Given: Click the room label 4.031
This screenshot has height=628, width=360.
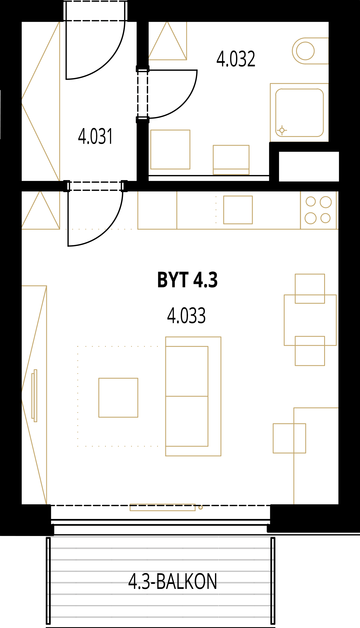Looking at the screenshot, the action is (95, 136).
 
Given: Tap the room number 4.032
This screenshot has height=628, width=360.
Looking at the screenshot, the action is (236, 59).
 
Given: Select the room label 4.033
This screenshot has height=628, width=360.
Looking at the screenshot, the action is (186, 316).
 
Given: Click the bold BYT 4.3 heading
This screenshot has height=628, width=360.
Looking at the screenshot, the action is (187, 280).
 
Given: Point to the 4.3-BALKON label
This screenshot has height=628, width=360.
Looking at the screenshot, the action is (173, 581).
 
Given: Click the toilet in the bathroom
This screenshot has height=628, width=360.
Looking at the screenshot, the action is (310, 51).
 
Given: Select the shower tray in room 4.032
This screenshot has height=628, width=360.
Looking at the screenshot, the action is (299, 113).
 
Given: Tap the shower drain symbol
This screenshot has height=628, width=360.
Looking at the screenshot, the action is (282, 130).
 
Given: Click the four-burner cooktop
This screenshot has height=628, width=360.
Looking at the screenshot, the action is (318, 210).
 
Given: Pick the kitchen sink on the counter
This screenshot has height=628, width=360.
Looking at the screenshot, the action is (238, 210).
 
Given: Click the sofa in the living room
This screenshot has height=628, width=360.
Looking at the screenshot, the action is (193, 396).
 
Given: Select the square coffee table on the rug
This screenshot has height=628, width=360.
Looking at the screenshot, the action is (118, 398).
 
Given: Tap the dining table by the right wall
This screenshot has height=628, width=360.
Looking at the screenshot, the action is (310, 320).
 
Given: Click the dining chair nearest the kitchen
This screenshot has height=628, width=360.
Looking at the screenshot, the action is (310, 289).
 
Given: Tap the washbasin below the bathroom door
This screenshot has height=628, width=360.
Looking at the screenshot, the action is (170, 150).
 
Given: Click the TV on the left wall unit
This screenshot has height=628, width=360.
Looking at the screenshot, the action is (34, 396).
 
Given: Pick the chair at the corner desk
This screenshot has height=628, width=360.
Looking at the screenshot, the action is (289, 438).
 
